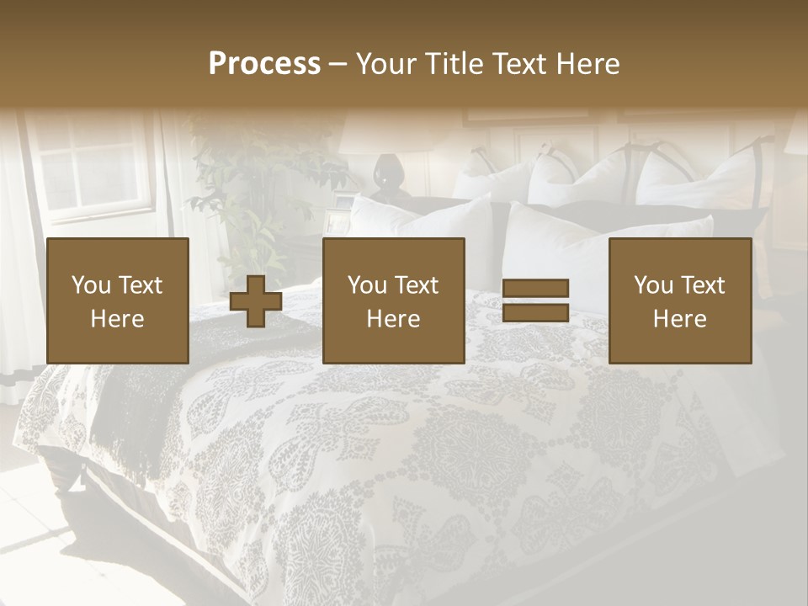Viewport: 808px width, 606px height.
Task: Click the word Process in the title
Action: pyautogui.click(x=264, y=64)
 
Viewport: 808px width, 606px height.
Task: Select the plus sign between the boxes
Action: pyautogui.click(x=256, y=301)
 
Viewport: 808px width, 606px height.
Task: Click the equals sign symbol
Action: pyautogui.click(x=535, y=300)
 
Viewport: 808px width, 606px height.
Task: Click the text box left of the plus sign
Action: pyautogui.click(x=118, y=300)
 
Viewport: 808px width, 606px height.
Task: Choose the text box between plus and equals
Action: pyautogui.click(x=394, y=300)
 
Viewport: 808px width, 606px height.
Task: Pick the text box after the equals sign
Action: pyautogui.click(x=680, y=300)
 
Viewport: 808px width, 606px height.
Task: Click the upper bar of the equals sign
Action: pyautogui.click(x=535, y=288)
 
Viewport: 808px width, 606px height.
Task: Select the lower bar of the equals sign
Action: pyautogui.click(x=535, y=313)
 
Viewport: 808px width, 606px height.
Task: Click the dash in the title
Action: pyautogui.click(x=338, y=65)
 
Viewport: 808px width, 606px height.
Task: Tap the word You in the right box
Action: pyautogui.click(x=653, y=285)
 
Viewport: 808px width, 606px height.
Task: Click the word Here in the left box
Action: pyautogui.click(x=118, y=319)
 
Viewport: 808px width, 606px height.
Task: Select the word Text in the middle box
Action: pyautogui.click(x=417, y=285)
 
